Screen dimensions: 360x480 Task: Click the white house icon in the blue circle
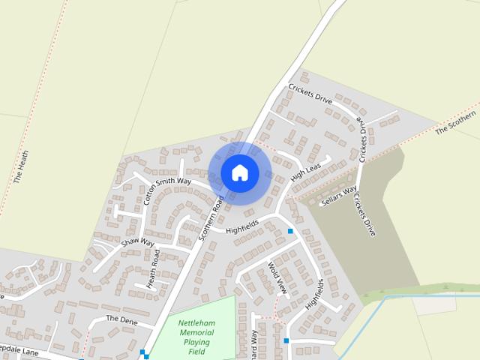[240, 172]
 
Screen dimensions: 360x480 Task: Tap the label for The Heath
[21, 167]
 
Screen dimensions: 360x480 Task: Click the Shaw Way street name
[137, 243]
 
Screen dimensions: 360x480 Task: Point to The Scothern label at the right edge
[456, 122]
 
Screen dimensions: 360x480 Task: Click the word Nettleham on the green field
[196, 323]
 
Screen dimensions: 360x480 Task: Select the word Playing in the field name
[196, 342]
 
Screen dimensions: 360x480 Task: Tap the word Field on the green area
[196, 352]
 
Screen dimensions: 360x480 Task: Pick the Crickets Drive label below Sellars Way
[364, 215]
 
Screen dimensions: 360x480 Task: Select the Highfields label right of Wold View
[315, 294]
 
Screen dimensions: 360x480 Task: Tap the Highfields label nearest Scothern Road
[241, 226]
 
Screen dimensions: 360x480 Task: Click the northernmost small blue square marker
[291, 231]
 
